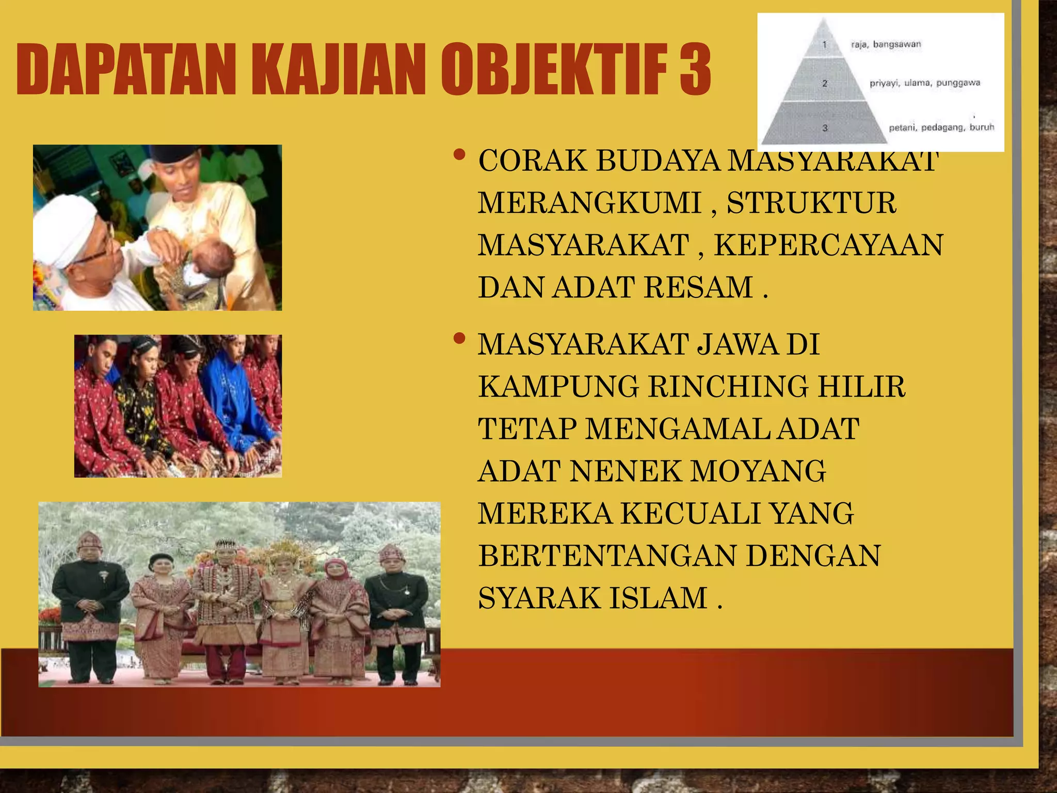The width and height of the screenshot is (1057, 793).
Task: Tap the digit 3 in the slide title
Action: coord(695,70)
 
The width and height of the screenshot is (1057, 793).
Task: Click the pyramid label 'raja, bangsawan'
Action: coord(886,44)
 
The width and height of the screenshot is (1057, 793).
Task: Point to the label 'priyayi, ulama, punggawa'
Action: coord(924,83)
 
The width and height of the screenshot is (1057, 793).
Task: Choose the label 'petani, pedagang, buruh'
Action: coord(941,128)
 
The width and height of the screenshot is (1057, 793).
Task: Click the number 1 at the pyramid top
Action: coord(824,44)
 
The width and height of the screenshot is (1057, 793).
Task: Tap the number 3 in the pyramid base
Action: coord(825,128)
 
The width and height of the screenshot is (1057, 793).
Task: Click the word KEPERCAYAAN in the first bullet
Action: coord(828,245)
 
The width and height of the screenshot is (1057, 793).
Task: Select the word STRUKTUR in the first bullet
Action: coord(811,203)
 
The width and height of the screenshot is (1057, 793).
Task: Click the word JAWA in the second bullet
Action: coord(738,344)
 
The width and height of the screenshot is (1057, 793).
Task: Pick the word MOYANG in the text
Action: coord(758,471)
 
